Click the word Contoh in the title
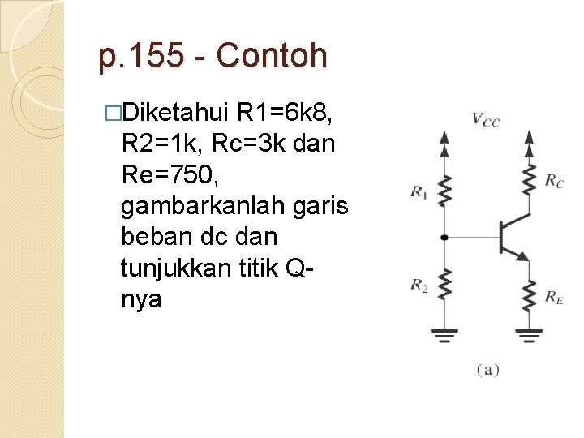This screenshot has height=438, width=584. pyautogui.click(x=273, y=57)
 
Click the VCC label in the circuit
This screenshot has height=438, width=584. pyautogui.click(x=486, y=120)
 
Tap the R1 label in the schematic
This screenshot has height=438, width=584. pyautogui.click(x=419, y=192)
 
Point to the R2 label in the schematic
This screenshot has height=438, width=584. pyautogui.click(x=419, y=285)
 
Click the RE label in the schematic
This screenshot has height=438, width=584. pyautogui.click(x=555, y=299)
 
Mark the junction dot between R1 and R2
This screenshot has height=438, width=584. pyautogui.click(x=443, y=238)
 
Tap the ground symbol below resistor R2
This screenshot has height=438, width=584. pyautogui.click(x=443, y=333)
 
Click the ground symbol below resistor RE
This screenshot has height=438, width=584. pyautogui.click(x=529, y=333)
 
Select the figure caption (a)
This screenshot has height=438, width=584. pyautogui.click(x=487, y=370)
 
